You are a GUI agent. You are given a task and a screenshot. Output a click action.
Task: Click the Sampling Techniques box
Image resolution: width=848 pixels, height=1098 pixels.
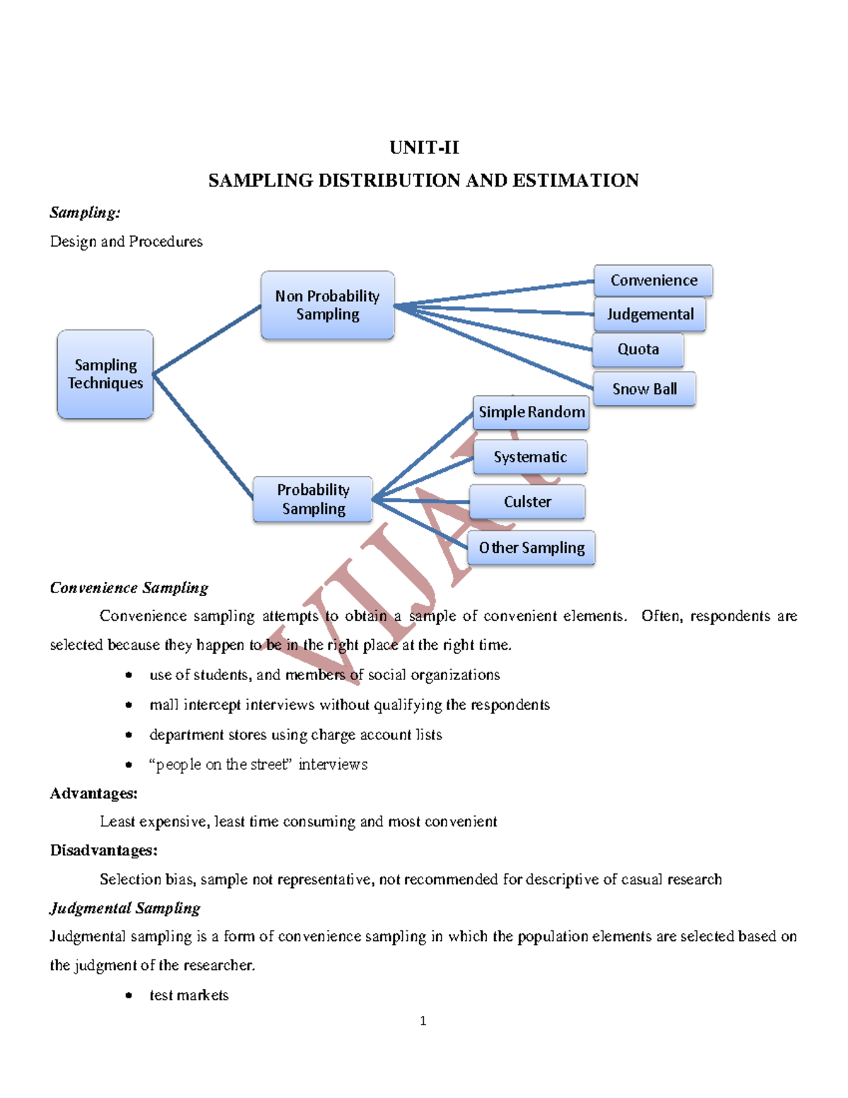[105, 374]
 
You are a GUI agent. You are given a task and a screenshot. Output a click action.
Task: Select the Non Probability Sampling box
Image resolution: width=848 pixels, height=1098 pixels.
[327, 305]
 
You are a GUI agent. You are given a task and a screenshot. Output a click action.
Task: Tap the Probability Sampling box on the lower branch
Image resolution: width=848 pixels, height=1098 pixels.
[313, 499]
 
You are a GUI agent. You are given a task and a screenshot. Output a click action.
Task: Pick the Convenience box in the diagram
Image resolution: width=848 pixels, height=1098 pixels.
[653, 281]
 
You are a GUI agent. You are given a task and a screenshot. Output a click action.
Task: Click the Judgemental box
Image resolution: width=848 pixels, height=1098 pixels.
[649, 314]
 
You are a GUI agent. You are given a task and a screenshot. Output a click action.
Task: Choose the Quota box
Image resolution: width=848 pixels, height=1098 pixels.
[637, 349]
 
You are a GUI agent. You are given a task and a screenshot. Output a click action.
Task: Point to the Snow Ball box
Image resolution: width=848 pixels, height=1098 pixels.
[644, 389]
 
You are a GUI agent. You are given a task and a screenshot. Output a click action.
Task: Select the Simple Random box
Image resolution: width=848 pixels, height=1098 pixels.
[531, 412]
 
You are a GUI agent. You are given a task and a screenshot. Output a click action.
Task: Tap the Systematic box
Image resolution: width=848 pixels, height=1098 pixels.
[530, 457]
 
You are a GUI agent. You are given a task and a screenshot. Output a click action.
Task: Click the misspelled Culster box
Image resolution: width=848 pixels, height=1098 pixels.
[527, 502]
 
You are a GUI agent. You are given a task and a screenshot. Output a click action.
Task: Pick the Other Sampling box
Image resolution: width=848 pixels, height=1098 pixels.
[531, 548]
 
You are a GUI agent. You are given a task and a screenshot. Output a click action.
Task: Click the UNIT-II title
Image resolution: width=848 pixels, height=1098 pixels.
[424, 148]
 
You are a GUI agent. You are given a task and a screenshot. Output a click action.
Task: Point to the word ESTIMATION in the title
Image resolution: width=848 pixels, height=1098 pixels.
[575, 181]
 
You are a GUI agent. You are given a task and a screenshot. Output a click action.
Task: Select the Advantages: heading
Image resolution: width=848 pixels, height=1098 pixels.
[93, 793]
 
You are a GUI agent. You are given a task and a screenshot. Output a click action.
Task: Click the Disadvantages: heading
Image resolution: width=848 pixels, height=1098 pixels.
[103, 851]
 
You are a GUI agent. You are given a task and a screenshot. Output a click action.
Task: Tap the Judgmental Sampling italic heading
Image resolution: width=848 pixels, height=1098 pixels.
[125, 908]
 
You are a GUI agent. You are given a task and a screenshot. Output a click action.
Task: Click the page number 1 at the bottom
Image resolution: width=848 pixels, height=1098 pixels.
[423, 1020]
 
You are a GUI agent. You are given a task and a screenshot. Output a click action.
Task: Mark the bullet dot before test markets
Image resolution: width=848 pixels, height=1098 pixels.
[129, 995]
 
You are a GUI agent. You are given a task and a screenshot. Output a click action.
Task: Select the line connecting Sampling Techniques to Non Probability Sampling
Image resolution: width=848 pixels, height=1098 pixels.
[206, 339]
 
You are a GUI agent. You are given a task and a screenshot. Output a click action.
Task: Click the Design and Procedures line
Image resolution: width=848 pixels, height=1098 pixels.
[126, 242]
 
